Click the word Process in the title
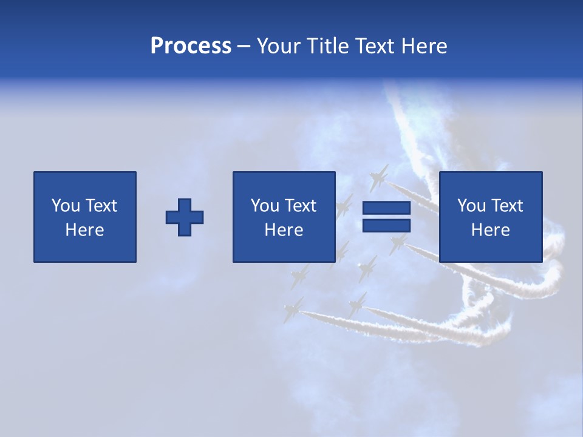[191, 46]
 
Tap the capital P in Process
[157, 46]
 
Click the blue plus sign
[185, 217]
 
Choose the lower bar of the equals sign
[386, 225]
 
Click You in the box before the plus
[66, 206]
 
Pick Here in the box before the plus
[84, 230]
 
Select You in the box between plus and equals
[265, 206]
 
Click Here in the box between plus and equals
[284, 230]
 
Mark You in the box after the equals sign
[471, 206]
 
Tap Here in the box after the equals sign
[490, 230]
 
